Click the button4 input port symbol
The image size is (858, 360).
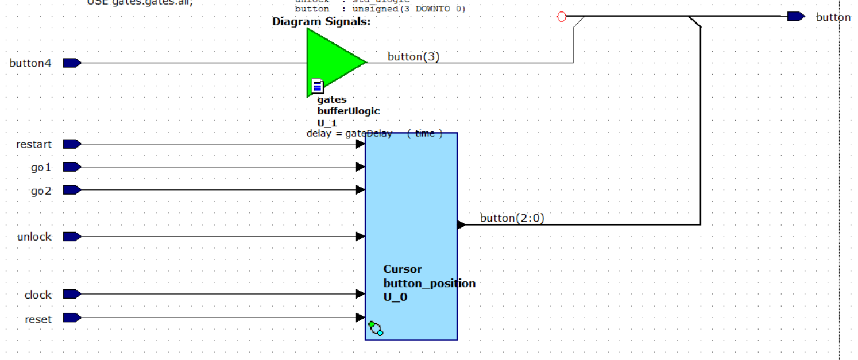pos(71,63)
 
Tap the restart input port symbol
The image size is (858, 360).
pos(71,144)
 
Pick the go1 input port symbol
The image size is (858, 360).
pos(71,167)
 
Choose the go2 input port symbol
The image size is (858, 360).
pos(71,190)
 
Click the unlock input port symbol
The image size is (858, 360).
pos(71,237)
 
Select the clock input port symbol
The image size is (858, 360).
pos(71,294)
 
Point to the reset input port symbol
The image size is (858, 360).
pos(71,318)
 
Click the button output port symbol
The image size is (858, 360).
pos(795,17)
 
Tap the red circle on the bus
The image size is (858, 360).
pos(562,17)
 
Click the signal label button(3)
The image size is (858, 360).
pos(413,56)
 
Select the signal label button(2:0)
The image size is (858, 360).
pos(512,218)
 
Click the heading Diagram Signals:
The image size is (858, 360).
pos(321,22)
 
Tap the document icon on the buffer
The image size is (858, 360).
pos(318,87)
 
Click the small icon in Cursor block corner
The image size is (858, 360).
pos(376,328)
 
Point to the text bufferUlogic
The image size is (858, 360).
pos(348,111)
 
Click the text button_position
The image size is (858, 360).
pos(429,283)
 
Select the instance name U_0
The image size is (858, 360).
pos(395,297)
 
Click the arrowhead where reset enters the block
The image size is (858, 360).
pos(361,318)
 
